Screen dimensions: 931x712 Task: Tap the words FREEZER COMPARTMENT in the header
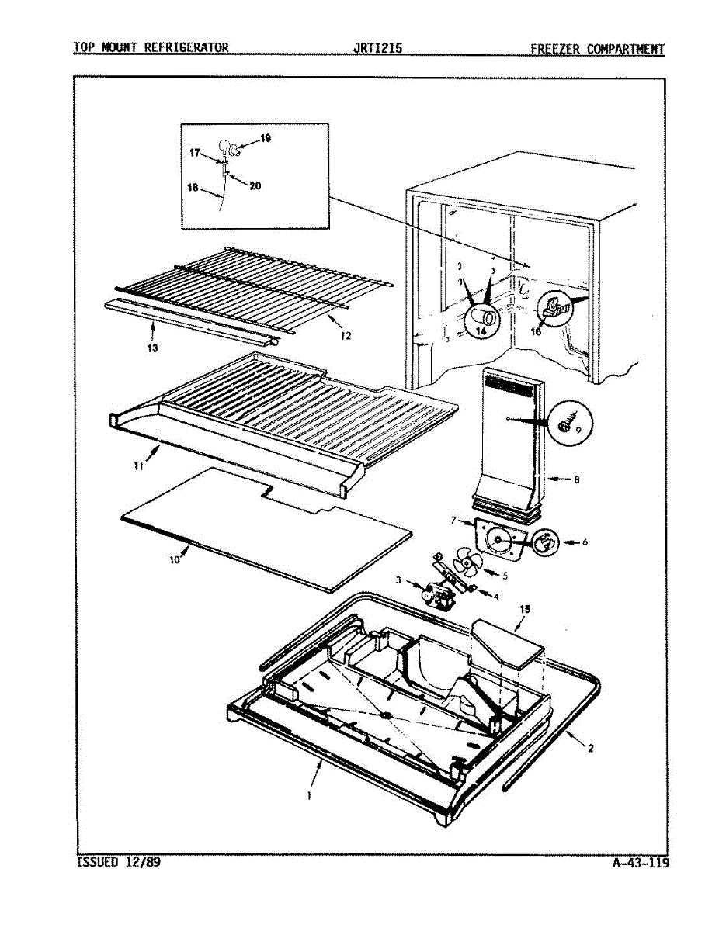597,49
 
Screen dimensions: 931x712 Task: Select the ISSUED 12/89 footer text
119,862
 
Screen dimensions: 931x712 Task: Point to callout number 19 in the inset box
266,138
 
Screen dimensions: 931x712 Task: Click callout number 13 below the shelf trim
152,348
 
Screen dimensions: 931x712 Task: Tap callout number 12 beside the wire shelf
346,336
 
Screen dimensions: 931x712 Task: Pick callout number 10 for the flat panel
175,557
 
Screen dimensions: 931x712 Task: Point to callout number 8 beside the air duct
576,480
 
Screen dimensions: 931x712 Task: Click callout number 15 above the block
525,611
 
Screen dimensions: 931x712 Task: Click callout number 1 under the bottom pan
308,795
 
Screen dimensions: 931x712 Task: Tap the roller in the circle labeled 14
483,318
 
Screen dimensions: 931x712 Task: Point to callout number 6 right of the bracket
584,542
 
